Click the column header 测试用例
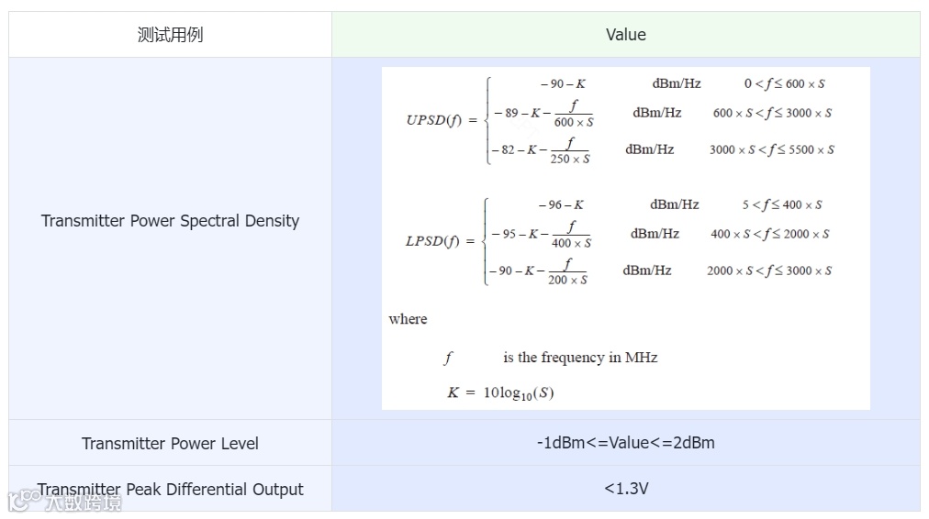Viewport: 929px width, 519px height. point(170,35)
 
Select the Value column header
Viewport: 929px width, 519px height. point(625,35)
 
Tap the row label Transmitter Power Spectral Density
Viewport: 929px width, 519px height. point(170,220)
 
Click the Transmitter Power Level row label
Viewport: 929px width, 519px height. point(170,443)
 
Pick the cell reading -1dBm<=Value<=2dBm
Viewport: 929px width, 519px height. point(625,443)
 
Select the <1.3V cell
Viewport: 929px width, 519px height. point(625,489)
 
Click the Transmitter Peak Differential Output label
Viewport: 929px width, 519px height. point(170,489)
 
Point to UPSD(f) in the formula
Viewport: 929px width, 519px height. point(435,120)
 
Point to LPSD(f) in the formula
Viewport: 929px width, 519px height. point(435,241)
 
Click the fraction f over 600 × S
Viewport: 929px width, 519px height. point(574,114)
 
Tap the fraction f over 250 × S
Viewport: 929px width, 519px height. point(570,150)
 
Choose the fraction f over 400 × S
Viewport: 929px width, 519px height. point(571,235)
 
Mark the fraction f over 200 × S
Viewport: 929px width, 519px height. point(567,271)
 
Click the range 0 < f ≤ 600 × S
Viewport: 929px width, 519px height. point(784,83)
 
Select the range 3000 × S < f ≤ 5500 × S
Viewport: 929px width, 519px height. point(771,149)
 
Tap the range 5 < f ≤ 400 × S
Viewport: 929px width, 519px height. point(782,204)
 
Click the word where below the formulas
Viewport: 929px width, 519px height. point(408,319)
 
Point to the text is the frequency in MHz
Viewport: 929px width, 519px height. point(580,358)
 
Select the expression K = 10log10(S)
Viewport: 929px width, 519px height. point(500,392)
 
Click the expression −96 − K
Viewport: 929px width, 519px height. point(561,204)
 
